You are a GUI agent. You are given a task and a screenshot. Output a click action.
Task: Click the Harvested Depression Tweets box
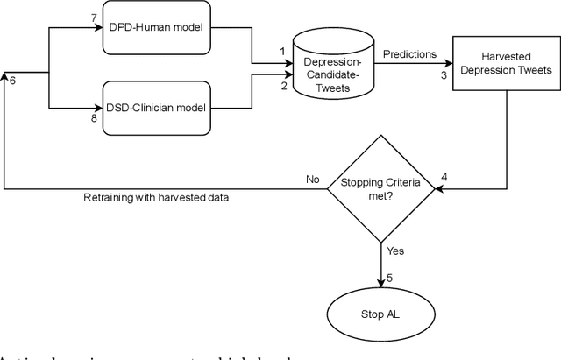[506, 63]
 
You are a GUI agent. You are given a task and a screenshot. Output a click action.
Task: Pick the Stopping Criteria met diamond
[383, 190]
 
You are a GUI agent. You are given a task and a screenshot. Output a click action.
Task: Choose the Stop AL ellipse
[383, 314]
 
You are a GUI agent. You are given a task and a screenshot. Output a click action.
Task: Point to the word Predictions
[409, 54]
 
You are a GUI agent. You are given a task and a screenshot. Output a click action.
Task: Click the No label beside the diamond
[312, 180]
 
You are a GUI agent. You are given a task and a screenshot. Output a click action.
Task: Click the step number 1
[283, 52]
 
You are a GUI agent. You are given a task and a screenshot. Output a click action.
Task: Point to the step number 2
[283, 86]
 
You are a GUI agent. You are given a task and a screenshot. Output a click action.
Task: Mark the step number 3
[444, 75]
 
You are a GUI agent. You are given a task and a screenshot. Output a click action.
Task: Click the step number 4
[444, 178]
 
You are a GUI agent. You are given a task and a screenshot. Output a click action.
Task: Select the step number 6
[11, 81]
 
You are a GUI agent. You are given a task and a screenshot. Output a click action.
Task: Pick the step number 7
[95, 18]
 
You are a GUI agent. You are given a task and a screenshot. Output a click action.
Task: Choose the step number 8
[95, 118]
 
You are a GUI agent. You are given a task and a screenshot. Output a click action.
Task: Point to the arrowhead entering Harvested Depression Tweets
[449, 63]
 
